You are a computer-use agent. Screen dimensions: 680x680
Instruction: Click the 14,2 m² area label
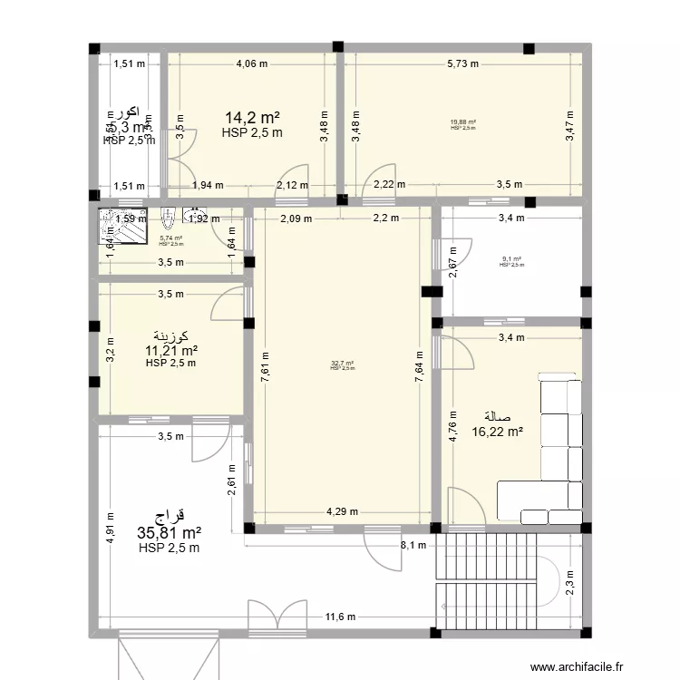coord(252,118)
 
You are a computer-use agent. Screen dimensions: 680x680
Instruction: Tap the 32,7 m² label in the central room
coord(342,364)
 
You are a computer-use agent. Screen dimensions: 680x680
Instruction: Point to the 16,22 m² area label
coord(497,432)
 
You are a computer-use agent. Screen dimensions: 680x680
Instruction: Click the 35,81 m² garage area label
coord(169,533)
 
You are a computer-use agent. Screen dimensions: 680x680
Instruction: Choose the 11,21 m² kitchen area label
coord(170,350)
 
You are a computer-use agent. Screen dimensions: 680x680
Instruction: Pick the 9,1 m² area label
coord(511,258)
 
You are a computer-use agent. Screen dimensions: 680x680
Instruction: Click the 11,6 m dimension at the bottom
coord(342,618)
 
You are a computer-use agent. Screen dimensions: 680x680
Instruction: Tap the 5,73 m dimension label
coord(463,63)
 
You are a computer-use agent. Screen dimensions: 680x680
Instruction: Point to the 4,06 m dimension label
coord(251,63)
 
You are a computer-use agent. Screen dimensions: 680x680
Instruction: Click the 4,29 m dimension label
coord(342,511)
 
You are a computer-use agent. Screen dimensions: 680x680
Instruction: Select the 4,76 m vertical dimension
coord(452,423)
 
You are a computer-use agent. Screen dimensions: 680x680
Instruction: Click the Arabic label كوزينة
coord(170,336)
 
